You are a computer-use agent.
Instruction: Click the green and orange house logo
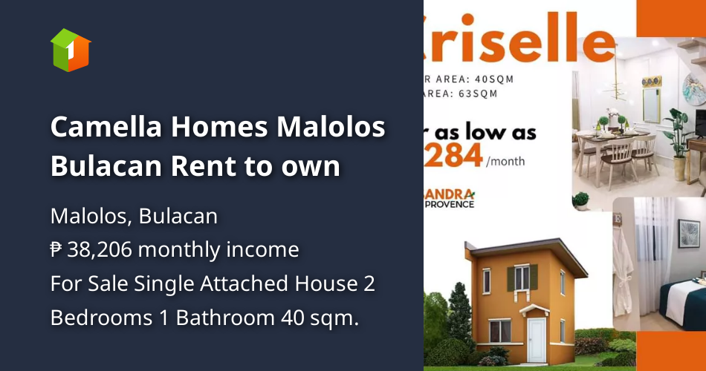(71, 50)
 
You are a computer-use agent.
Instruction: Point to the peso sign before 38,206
(56, 250)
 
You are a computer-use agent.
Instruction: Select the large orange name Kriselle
(520, 39)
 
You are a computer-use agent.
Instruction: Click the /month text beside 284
(505, 160)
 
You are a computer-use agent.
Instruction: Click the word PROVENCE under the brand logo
(450, 203)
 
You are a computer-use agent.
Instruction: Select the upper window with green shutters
(522, 278)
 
